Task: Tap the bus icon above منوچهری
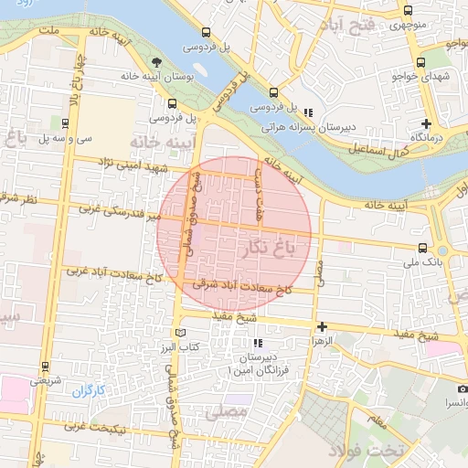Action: click(x=408, y=11)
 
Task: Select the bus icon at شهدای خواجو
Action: click(x=420, y=62)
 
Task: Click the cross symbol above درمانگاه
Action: click(x=426, y=123)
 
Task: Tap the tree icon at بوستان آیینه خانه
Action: click(x=157, y=62)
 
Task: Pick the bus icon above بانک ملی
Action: click(x=421, y=248)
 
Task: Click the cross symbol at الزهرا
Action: click(x=322, y=325)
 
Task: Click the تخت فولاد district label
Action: click(x=392, y=451)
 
